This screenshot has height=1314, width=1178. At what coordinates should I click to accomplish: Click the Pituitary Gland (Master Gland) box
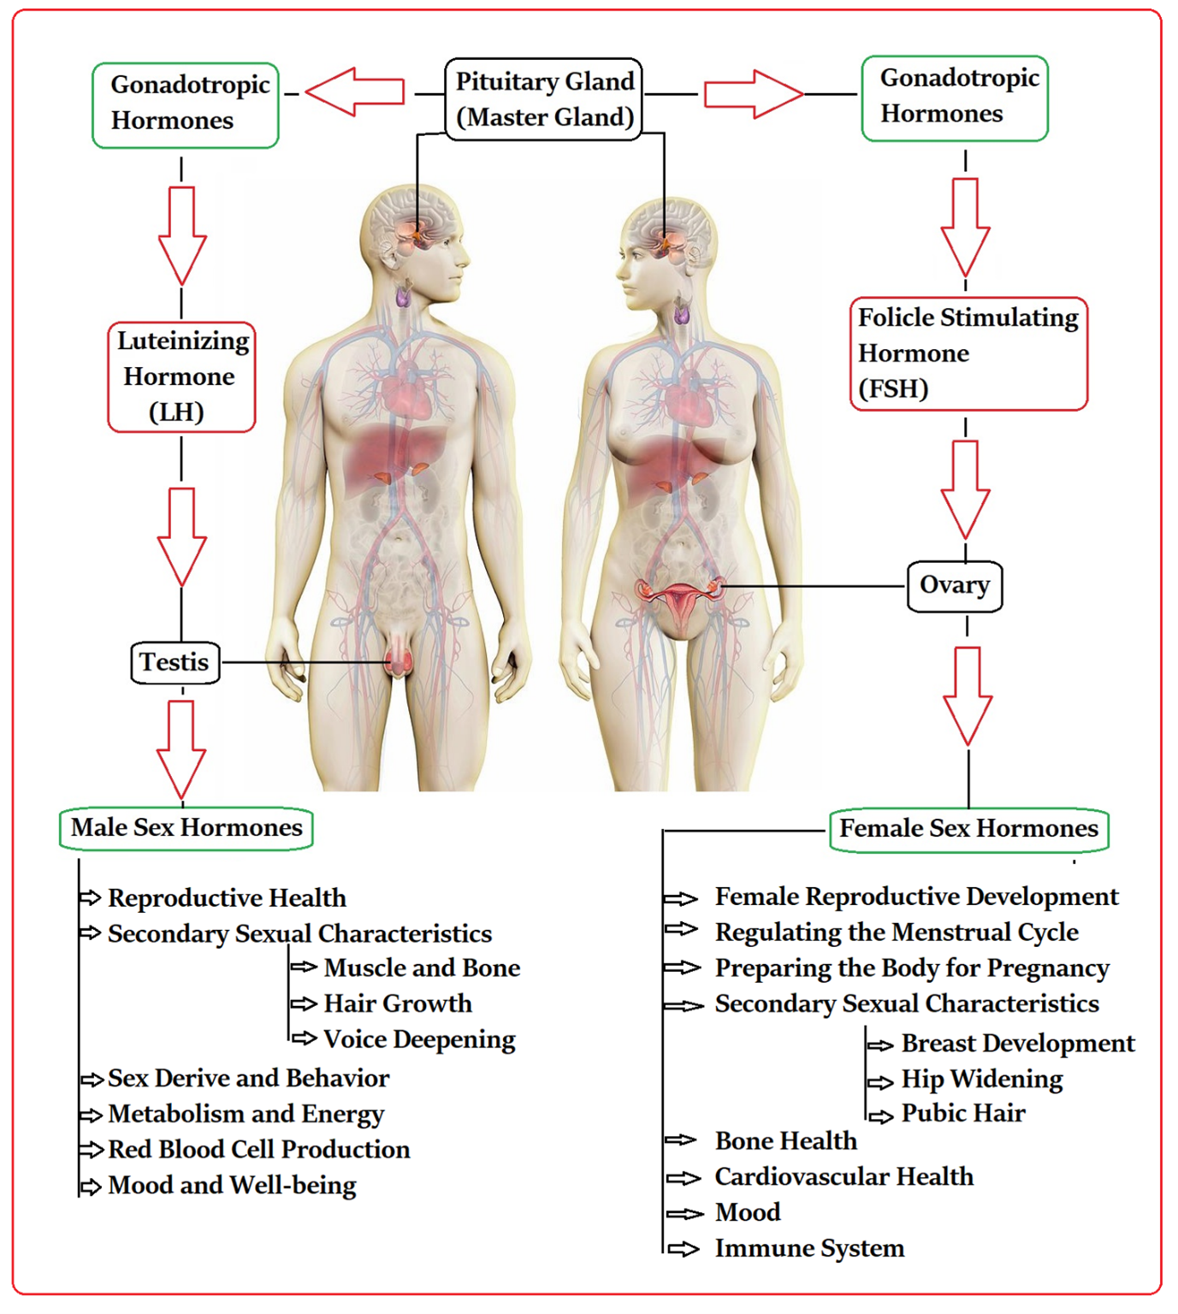pyautogui.click(x=544, y=99)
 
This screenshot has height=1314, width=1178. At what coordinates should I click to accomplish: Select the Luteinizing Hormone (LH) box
pyautogui.click(x=181, y=376)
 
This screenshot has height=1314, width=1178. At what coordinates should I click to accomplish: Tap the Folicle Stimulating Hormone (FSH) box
pyautogui.click(x=968, y=353)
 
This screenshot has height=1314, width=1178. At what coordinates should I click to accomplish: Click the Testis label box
pyautogui.click(x=175, y=663)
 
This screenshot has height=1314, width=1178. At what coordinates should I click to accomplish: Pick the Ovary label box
pyautogui.click(x=954, y=586)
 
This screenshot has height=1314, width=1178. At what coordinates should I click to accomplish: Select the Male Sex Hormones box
pyautogui.click(x=186, y=828)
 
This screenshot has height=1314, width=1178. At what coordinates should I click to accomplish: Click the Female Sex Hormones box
pyautogui.click(x=968, y=829)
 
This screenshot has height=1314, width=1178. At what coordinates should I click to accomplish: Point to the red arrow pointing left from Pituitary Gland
pyautogui.click(x=354, y=92)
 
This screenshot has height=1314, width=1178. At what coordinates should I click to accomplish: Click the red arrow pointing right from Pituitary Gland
pyautogui.click(x=753, y=94)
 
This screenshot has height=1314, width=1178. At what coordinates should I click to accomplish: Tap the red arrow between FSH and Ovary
pyautogui.click(x=965, y=488)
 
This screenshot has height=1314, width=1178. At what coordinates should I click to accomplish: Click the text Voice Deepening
pyautogui.click(x=419, y=1039)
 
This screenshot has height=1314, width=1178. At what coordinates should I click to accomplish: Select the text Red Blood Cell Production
pyautogui.click(x=258, y=1150)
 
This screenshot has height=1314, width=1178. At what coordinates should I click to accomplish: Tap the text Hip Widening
pyautogui.click(x=981, y=1080)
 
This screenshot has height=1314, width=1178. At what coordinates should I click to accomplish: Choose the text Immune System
pyautogui.click(x=809, y=1249)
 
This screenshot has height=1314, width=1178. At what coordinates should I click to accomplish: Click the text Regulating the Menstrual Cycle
pyautogui.click(x=897, y=932)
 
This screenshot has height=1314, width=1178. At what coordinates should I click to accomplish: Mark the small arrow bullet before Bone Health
pyautogui.click(x=682, y=1140)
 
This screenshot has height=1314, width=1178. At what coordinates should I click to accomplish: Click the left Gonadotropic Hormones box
pyautogui.click(x=186, y=104)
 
